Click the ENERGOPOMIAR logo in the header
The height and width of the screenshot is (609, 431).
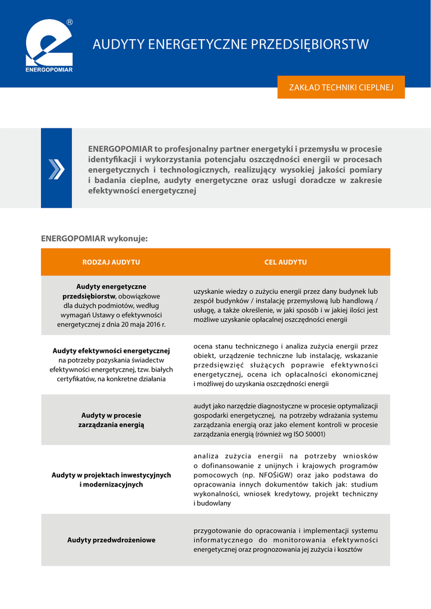point(49,46)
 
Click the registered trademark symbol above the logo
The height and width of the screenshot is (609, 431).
point(70,22)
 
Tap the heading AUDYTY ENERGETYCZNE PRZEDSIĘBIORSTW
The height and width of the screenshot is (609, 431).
point(231,45)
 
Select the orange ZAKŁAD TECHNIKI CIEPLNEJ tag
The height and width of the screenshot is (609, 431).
point(341,87)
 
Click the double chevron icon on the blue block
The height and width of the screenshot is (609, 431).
point(56,169)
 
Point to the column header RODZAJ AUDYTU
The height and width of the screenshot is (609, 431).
point(111,262)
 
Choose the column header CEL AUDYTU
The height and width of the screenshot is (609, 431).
point(285,262)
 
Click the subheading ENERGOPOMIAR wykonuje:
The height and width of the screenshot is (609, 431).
point(94,238)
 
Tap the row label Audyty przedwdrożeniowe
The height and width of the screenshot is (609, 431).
point(111,540)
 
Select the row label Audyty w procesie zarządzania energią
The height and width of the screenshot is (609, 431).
point(111,420)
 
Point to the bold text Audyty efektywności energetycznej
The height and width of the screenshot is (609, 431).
point(111,350)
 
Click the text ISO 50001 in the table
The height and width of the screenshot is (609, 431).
point(308,434)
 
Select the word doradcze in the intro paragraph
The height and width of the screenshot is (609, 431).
point(316,180)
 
